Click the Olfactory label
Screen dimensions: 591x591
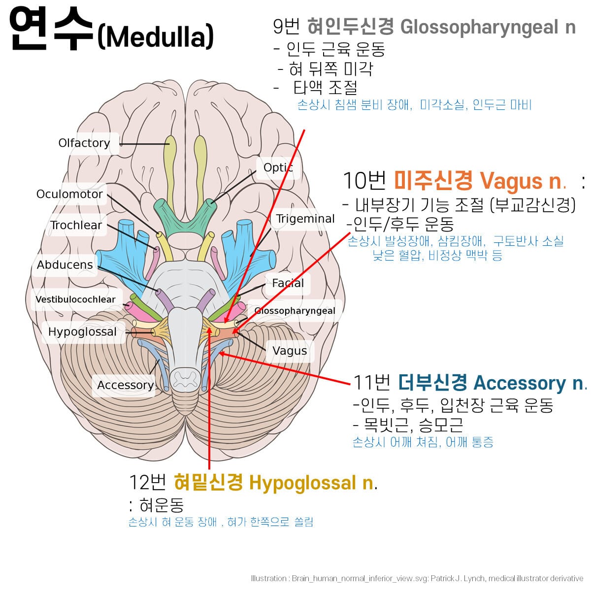pos(84,143)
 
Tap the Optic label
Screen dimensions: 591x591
pos(278,167)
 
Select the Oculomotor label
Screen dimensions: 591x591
pos(69,194)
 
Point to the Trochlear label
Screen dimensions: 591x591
pos(76,225)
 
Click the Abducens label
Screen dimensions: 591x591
pos(65,264)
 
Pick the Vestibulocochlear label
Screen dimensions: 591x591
pos(75,299)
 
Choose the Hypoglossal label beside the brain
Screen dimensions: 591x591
pos(82,332)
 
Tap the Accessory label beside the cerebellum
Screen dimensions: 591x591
pos(125,385)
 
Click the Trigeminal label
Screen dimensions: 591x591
pos(305,219)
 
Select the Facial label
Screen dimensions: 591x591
pos(288,283)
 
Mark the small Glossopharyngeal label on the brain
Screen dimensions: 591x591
pos(295,311)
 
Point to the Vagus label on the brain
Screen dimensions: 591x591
pos(290,351)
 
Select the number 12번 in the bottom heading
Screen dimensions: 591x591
pos(147,482)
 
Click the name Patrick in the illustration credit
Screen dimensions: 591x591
pos(443,578)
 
